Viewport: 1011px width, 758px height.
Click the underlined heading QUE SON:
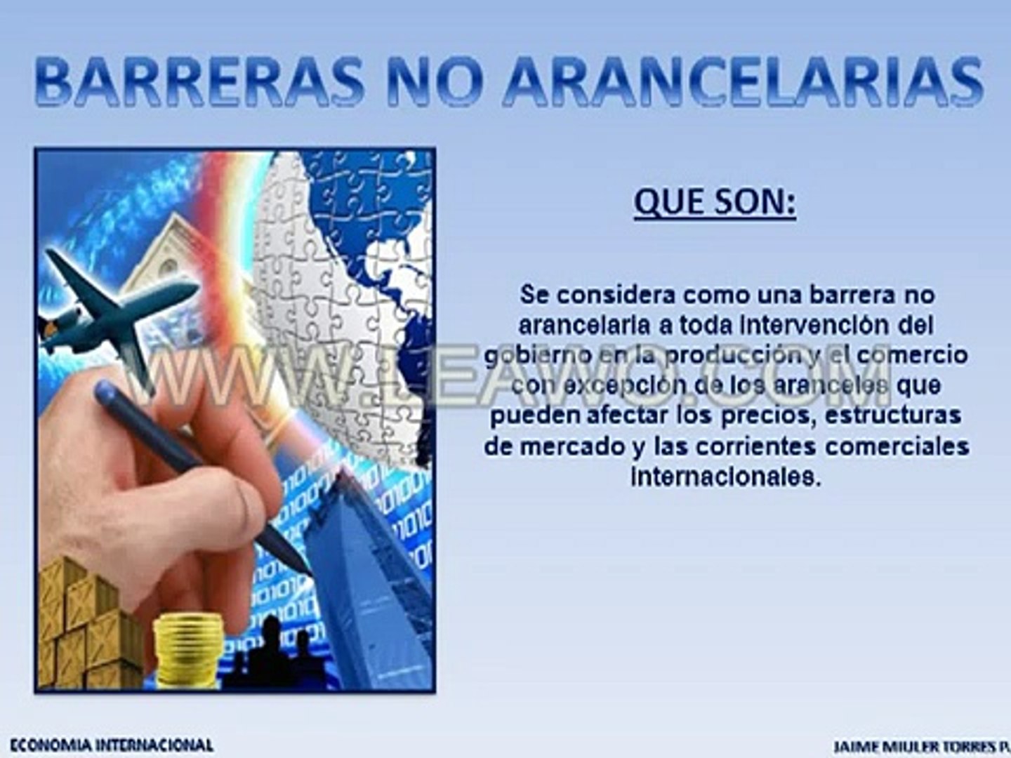(x=715, y=203)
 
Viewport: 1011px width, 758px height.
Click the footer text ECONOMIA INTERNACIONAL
(x=112, y=745)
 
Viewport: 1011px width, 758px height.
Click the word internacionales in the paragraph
(x=725, y=477)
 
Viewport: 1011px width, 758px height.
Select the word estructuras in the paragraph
(x=892, y=415)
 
